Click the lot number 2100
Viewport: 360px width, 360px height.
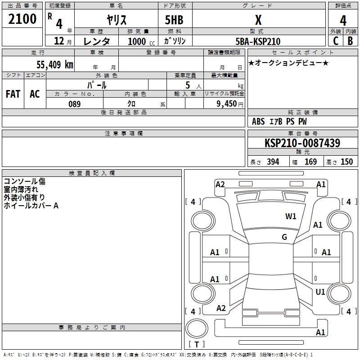[22, 19]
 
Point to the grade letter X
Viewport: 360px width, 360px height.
[258, 19]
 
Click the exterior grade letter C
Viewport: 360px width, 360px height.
[336, 41]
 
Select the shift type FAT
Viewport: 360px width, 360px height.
[13, 94]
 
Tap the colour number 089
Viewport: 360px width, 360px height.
[74, 104]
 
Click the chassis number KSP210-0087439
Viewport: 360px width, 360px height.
[302, 143]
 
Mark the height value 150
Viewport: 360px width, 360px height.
[346, 162]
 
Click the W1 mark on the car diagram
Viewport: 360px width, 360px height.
[291, 216]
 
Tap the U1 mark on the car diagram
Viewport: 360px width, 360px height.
[320, 292]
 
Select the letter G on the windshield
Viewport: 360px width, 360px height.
[284, 237]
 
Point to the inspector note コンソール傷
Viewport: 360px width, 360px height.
[24, 181]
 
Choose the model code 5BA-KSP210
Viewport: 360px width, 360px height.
[258, 41]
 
